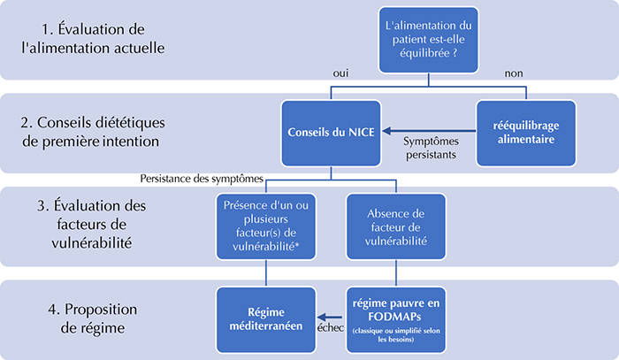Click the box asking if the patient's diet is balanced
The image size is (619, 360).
click(x=428, y=40)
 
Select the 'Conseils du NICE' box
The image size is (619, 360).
click(x=331, y=133)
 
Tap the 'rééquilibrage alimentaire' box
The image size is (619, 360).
click(x=526, y=133)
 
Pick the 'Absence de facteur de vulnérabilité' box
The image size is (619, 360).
click(x=396, y=226)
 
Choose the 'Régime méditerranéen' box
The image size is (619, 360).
click(x=266, y=319)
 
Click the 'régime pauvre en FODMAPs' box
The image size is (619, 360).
click(x=396, y=319)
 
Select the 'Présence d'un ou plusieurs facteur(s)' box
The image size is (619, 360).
click(x=266, y=226)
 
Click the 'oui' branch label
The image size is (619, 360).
click(x=340, y=73)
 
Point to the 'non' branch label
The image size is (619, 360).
click(x=514, y=73)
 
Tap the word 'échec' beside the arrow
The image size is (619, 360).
click(x=331, y=327)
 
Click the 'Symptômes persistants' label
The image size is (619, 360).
click(x=432, y=148)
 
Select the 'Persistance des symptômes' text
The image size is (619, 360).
click(x=202, y=179)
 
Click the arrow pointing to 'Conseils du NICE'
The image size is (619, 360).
click(x=430, y=131)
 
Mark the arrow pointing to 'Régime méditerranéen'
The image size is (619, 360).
click(x=330, y=317)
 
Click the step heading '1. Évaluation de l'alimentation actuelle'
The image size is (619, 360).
click(x=93, y=39)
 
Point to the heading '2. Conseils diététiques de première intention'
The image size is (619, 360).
click(x=93, y=132)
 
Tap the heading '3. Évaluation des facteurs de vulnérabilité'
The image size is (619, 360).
click(x=92, y=224)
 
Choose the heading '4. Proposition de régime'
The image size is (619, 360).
click(x=93, y=318)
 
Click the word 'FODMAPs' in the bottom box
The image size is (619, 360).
click(x=394, y=317)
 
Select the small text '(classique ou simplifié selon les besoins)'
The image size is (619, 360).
click(x=396, y=334)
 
